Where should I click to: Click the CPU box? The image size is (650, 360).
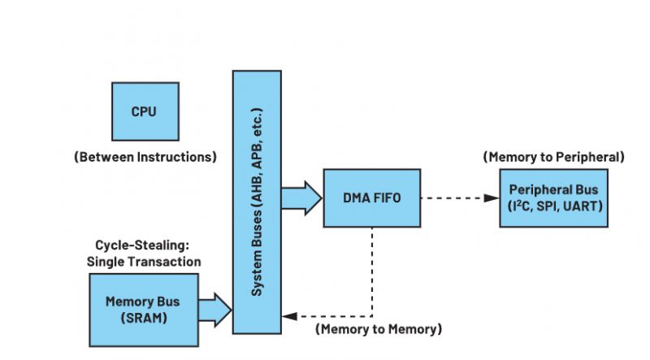tap(144, 111)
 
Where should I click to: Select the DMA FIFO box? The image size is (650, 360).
tap(372, 198)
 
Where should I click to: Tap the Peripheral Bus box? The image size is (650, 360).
tap(552, 198)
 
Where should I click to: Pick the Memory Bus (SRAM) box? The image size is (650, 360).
tap(142, 309)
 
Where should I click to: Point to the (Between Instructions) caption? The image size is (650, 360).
tap(145, 157)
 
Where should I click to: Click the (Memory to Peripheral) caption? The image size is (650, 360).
tap(553, 156)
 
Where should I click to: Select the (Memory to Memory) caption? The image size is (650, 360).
tap(378, 329)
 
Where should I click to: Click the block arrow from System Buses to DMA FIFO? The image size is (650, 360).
tap(301, 198)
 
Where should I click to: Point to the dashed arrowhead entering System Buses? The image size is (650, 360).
tap(286, 316)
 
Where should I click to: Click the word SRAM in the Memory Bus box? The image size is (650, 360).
tap(142, 317)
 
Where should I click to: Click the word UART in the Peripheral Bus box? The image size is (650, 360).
tap(583, 207)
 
